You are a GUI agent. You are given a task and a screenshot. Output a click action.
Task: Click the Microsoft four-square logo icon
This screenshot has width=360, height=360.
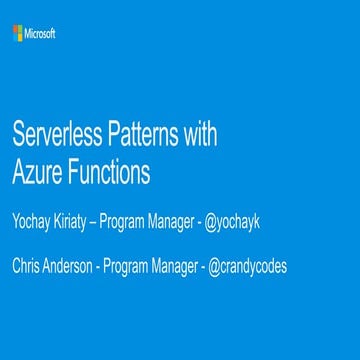(18, 34)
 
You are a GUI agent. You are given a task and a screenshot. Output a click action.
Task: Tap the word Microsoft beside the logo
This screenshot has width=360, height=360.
(41, 34)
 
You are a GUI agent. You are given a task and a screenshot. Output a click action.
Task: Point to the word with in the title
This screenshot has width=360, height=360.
(203, 135)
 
